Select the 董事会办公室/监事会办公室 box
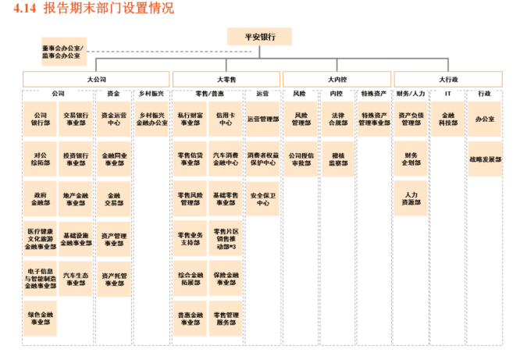(62, 52)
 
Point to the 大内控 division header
(336, 79)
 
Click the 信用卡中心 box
(226, 118)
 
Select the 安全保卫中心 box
(263, 198)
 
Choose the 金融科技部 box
(448, 118)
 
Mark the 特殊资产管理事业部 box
(375, 118)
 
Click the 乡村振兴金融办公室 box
(151, 118)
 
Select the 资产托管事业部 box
(114, 279)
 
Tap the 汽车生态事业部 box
(77, 279)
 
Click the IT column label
(448, 94)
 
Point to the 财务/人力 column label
(411, 94)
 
